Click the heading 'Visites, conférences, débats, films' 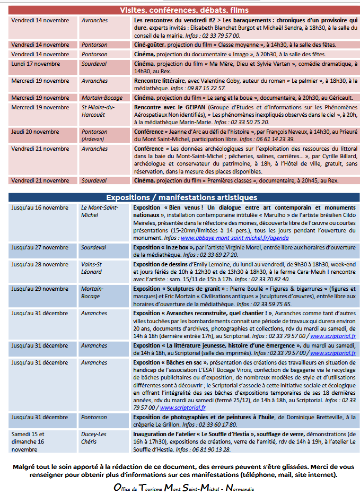point(184,10)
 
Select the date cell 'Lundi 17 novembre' point(36,64)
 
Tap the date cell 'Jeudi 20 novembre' point(35,132)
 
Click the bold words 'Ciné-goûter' point(149,45)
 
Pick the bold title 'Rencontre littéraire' point(158,81)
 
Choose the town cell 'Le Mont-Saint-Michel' point(99,211)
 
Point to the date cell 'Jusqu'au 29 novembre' point(36,289)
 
